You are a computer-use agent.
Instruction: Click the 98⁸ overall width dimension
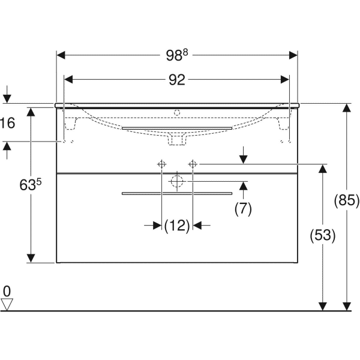click(177, 55)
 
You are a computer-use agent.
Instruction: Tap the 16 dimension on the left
click(7, 124)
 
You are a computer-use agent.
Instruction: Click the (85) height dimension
click(346, 201)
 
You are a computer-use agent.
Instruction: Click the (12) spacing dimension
click(176, 226)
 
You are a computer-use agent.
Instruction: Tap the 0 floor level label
click(7, 292)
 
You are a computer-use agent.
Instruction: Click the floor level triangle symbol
click(7, 304)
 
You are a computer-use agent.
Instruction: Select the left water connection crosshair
click(161, 164)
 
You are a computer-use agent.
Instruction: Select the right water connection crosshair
click(193, 164)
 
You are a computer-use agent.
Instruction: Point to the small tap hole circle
click(176, 112)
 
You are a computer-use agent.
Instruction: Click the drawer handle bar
click(176, 193)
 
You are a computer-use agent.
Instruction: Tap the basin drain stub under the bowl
click(176, 140)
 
